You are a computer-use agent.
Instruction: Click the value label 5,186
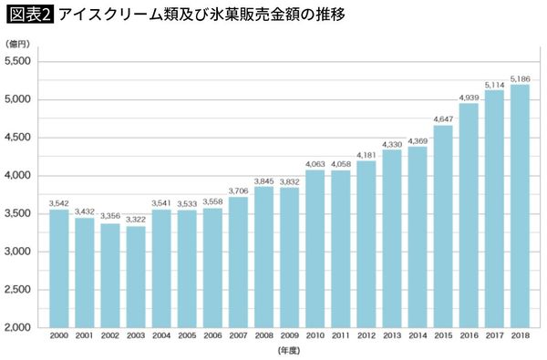[521, 77]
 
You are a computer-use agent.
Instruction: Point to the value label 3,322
[136, 219]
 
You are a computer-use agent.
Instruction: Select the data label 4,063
[315, 163]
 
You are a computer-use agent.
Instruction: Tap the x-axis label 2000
[59, 337]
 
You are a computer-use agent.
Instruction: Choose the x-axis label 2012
[366, 337]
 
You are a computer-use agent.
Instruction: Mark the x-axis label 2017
[495, 337]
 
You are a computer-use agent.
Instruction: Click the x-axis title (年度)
[290, 351]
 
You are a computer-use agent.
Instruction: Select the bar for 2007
[239, 262]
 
